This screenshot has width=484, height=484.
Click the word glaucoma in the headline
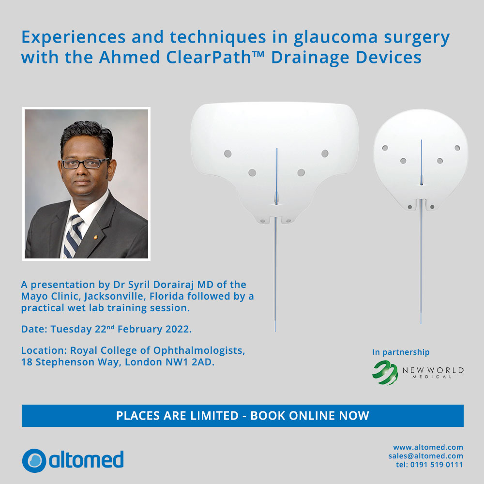(x=335, y=38)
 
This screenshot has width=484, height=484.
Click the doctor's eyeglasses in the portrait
(x=85, y=163)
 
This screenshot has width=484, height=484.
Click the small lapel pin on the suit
(x=96, y=237)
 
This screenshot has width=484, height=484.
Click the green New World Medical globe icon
(x=385, y=373)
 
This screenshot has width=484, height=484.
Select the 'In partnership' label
(x=401, y=352)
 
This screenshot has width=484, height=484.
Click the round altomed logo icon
(x=34, y=461)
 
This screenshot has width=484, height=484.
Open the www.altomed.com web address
(x=428, y=447)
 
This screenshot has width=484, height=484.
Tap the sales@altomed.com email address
(x=425, y=456)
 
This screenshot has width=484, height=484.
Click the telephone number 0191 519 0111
(x=437, y=465)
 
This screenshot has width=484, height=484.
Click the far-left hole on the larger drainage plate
(x=228, y=153)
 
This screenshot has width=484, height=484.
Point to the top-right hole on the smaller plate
(x=457, y=148)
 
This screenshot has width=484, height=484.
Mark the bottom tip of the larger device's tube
(x=275, y=332)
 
